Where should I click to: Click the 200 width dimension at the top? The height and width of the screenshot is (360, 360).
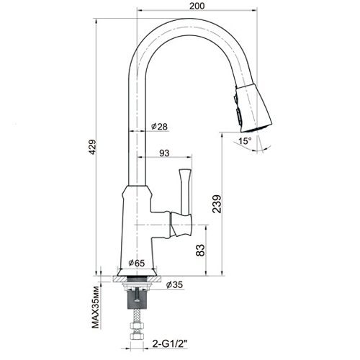pyautogui.click(x=197, y=6)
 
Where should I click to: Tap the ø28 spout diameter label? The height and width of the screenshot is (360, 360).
pyautogui.click(x=160, y=127)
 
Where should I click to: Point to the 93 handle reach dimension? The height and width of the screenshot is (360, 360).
pyautogui.click(x=164, y=153)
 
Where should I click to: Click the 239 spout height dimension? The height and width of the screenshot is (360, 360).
pyautogui.click(x=217, y=204)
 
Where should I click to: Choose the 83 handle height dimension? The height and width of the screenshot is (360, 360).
pyautogui.click(x=201, y=251)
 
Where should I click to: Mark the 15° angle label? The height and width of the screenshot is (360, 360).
pyautogui.click(x=245, y=140)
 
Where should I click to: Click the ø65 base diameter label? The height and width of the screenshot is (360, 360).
pyautogui.click(x=137, y=263)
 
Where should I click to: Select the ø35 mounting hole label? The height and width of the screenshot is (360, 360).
pyautogui.click(x=174, y=284)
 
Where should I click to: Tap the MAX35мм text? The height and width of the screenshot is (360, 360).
pyautogui.click(x=96, y=307)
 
